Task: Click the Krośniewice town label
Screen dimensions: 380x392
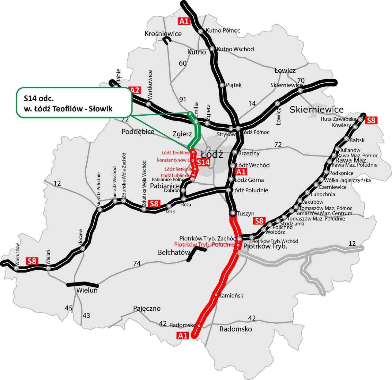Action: pyautogui.click(x=163, y=34)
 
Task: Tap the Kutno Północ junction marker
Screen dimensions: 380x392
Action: pyautogui.click(x=201, y=31)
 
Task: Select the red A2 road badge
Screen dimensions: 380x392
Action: pyautogui.click(x=135, y=90)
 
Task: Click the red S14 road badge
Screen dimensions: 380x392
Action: pyautogui.click(x=204, y=163)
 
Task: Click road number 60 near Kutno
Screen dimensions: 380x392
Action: pyautogui.click(x=183, y=63)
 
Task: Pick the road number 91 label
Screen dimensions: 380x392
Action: pyautogui.click(x=183, y=99)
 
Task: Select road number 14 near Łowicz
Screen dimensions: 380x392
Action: pyautogui.click(x=252, y=104)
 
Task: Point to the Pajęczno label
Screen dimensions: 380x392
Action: pyautogui.click(x=147, y=308)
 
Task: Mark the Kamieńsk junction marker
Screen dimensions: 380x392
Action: pyautogui.click(x=216, y=295)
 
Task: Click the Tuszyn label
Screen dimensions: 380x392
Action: pyautogui.click(x=246, y=213)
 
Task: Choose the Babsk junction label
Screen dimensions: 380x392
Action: pyautogui.click(x=357, y=140)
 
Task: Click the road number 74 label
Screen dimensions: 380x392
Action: pyautogui.click(x=137, y=263)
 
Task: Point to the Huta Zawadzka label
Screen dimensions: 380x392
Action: pyautogui.click(x=338, y=119)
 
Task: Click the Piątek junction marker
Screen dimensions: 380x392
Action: pyautogui.click(x=222, y=85)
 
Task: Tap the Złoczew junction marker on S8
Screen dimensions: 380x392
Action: pyautogui.click(x=83, y=249)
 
